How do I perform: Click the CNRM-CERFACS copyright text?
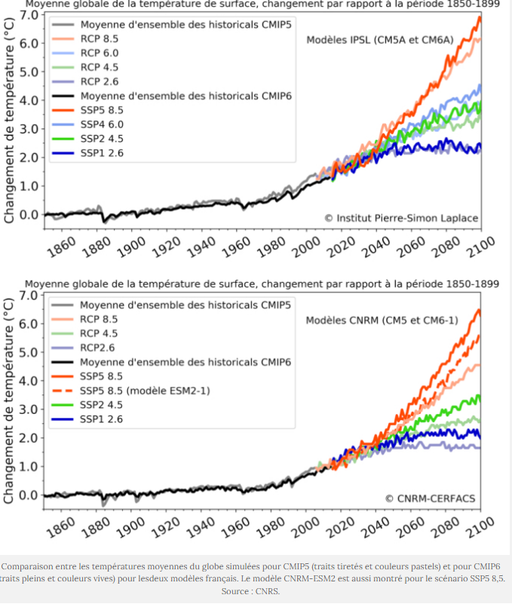click(431, 498)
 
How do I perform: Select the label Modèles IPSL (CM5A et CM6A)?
click(379, 40)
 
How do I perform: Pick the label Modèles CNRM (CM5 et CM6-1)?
click(380, 320)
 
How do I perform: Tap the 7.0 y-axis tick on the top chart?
click(29, 15)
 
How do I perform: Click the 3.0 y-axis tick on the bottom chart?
click(29, 409)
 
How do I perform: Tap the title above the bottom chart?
click(262, 284)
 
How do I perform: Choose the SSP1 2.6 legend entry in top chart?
click(102, 153)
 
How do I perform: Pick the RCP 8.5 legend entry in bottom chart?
click(99, 319)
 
